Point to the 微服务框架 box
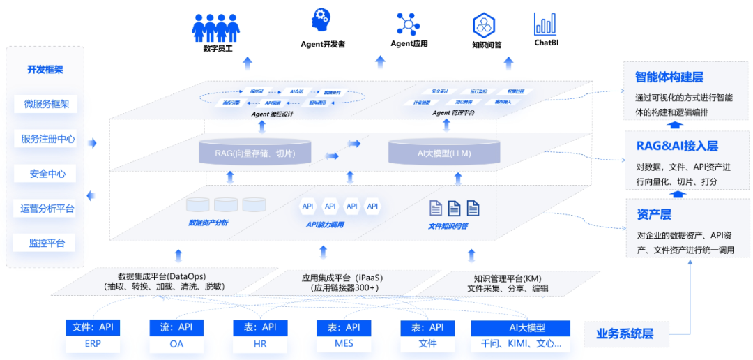pos(46,105)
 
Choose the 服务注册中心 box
pos(46,139)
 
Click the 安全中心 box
pos(46,174)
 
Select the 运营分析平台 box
pos(46,209)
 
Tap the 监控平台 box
pos(46,243)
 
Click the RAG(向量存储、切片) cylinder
pos(255,152)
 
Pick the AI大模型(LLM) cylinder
pos(444,152)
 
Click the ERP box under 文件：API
pos(93,344)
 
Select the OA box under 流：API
pos(176,344)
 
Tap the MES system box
pos(344,344)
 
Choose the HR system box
pos(260,344)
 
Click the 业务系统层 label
pos(624,333)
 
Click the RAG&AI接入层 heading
pos(676,146)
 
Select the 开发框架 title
pos(45,70)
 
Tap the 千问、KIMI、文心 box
pos(521,344)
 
